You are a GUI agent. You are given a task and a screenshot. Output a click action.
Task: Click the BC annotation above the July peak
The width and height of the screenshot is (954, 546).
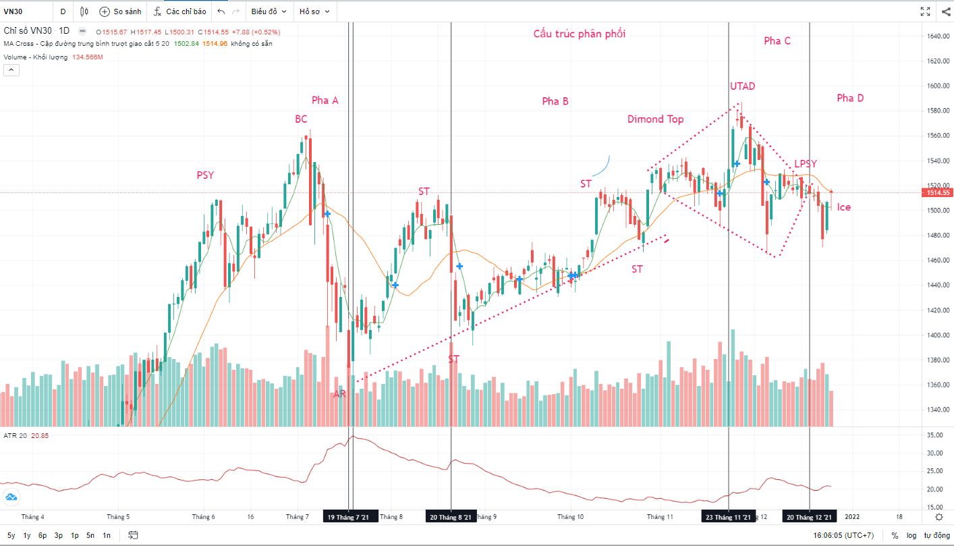pyautogui.click(x=301, y=119)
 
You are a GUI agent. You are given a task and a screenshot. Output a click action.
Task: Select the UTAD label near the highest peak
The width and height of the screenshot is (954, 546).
pyautogui.click(x=742, y=86)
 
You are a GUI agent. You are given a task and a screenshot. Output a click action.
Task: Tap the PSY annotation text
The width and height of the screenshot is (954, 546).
pyautogui.click(x=205, y=175)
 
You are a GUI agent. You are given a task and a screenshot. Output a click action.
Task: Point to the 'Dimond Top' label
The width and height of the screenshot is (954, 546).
pyautogui.click(x=655, y=119)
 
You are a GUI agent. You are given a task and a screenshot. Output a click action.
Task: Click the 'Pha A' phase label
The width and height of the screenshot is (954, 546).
pyautogui.click(x=325, y=101)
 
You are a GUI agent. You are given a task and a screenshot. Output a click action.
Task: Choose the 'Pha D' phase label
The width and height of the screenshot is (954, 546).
pyautogui.click(x=850, y=99)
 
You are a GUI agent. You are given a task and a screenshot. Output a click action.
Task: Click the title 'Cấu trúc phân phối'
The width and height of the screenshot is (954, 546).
pyautogui.click(x=580, y=34)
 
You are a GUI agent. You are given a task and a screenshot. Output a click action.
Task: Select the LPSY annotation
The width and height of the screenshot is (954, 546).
pyautogui.click(x=805, y=164)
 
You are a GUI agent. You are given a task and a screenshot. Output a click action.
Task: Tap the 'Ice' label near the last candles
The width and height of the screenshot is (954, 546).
pyautogui.click(x=844, y=207)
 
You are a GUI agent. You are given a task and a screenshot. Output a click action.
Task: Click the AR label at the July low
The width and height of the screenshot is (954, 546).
pyautogui.click(x=339, y=394)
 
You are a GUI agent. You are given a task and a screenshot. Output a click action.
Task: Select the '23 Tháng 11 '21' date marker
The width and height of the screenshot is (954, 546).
pyautogui.click(x=728, y=518)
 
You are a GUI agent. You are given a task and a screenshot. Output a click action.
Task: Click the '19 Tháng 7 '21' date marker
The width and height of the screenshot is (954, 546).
pyautogui.click(x=349, y=518)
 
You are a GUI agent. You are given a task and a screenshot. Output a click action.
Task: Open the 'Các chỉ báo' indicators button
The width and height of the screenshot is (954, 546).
pyautogui.click(x=179, y=11)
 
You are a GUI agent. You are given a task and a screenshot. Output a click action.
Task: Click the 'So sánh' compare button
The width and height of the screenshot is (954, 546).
pyautogui.click(x=120, y=11)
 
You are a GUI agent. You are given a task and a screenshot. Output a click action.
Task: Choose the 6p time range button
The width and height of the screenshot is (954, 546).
pyautogui.click(x=43, y=535)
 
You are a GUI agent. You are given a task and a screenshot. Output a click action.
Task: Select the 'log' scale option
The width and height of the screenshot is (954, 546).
pyautogui.click(x=912, y=535)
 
